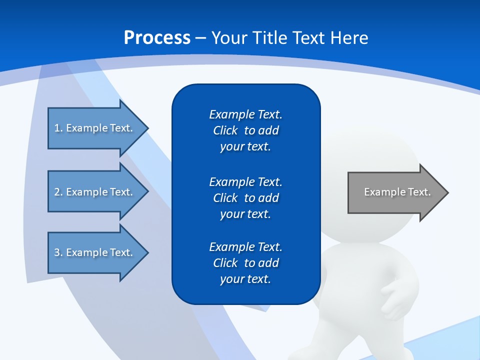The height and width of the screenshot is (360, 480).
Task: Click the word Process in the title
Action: [x=157, y=38]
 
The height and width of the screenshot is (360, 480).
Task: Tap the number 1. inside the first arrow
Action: [x=58, y=128]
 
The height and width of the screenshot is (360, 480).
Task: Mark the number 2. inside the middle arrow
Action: [x=58, y=192]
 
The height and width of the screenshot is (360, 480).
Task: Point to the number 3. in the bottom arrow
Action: [x=58, y=252]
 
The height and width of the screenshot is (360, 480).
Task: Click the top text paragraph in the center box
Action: [x=245, y=130]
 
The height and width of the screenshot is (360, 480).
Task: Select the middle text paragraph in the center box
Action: [x=245, y=197]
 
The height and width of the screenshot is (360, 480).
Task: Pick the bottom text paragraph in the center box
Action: [x=245, y=263]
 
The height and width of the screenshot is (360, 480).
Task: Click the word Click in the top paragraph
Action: [x=225, y=130]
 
